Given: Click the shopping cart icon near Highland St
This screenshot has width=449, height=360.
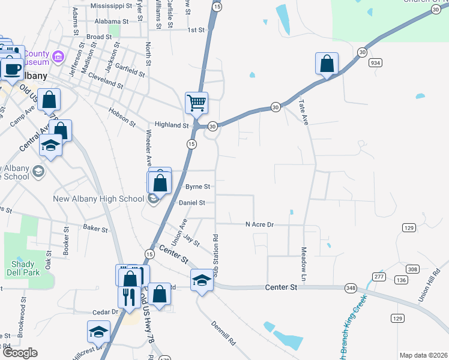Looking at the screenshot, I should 196,103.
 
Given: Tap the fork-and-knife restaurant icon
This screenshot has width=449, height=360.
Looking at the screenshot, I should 129,296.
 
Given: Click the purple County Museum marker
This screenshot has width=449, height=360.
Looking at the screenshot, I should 59,58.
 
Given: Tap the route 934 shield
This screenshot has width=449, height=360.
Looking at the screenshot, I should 376,62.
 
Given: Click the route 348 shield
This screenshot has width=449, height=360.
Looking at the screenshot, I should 350,289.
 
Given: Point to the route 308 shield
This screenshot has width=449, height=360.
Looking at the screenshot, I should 412,269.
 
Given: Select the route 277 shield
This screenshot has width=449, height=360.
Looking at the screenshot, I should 378,276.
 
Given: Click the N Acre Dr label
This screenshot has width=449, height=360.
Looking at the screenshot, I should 259,224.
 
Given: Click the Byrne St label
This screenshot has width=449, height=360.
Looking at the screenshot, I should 197,187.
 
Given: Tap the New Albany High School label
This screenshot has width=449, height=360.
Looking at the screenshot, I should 98,199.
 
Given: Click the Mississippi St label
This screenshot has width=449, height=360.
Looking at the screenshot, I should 111,5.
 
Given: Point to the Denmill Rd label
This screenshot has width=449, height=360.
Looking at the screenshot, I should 223,335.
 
